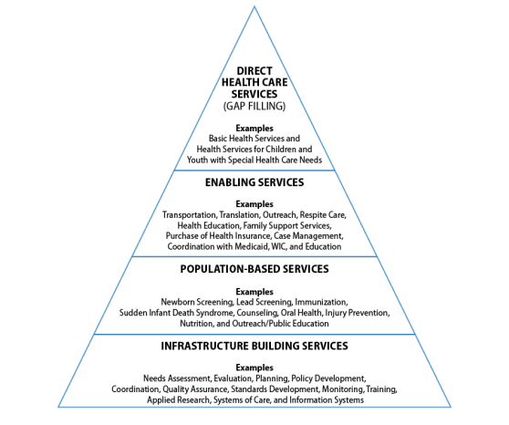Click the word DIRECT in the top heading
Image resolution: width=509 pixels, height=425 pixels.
[254, 71]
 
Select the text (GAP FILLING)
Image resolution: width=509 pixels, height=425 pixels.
[254, 106]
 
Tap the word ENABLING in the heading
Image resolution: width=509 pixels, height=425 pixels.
[230, 182]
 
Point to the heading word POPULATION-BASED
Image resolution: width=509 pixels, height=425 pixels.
[230, 269]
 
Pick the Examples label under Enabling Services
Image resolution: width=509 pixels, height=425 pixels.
[254, 204]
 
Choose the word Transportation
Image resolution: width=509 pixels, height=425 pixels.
[190, 215]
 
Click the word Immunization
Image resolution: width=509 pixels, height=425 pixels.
[321, 302]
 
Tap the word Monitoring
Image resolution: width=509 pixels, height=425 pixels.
[343, 389]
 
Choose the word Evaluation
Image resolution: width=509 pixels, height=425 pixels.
[233, 378]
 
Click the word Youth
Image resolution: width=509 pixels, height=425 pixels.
[197, 161]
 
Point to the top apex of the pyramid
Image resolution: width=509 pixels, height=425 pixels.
[254, 6]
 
